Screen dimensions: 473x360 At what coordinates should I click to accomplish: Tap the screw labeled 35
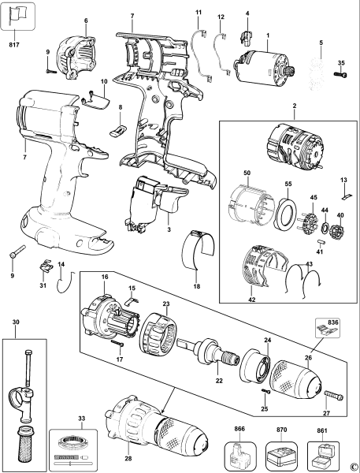tap(340, 75)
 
